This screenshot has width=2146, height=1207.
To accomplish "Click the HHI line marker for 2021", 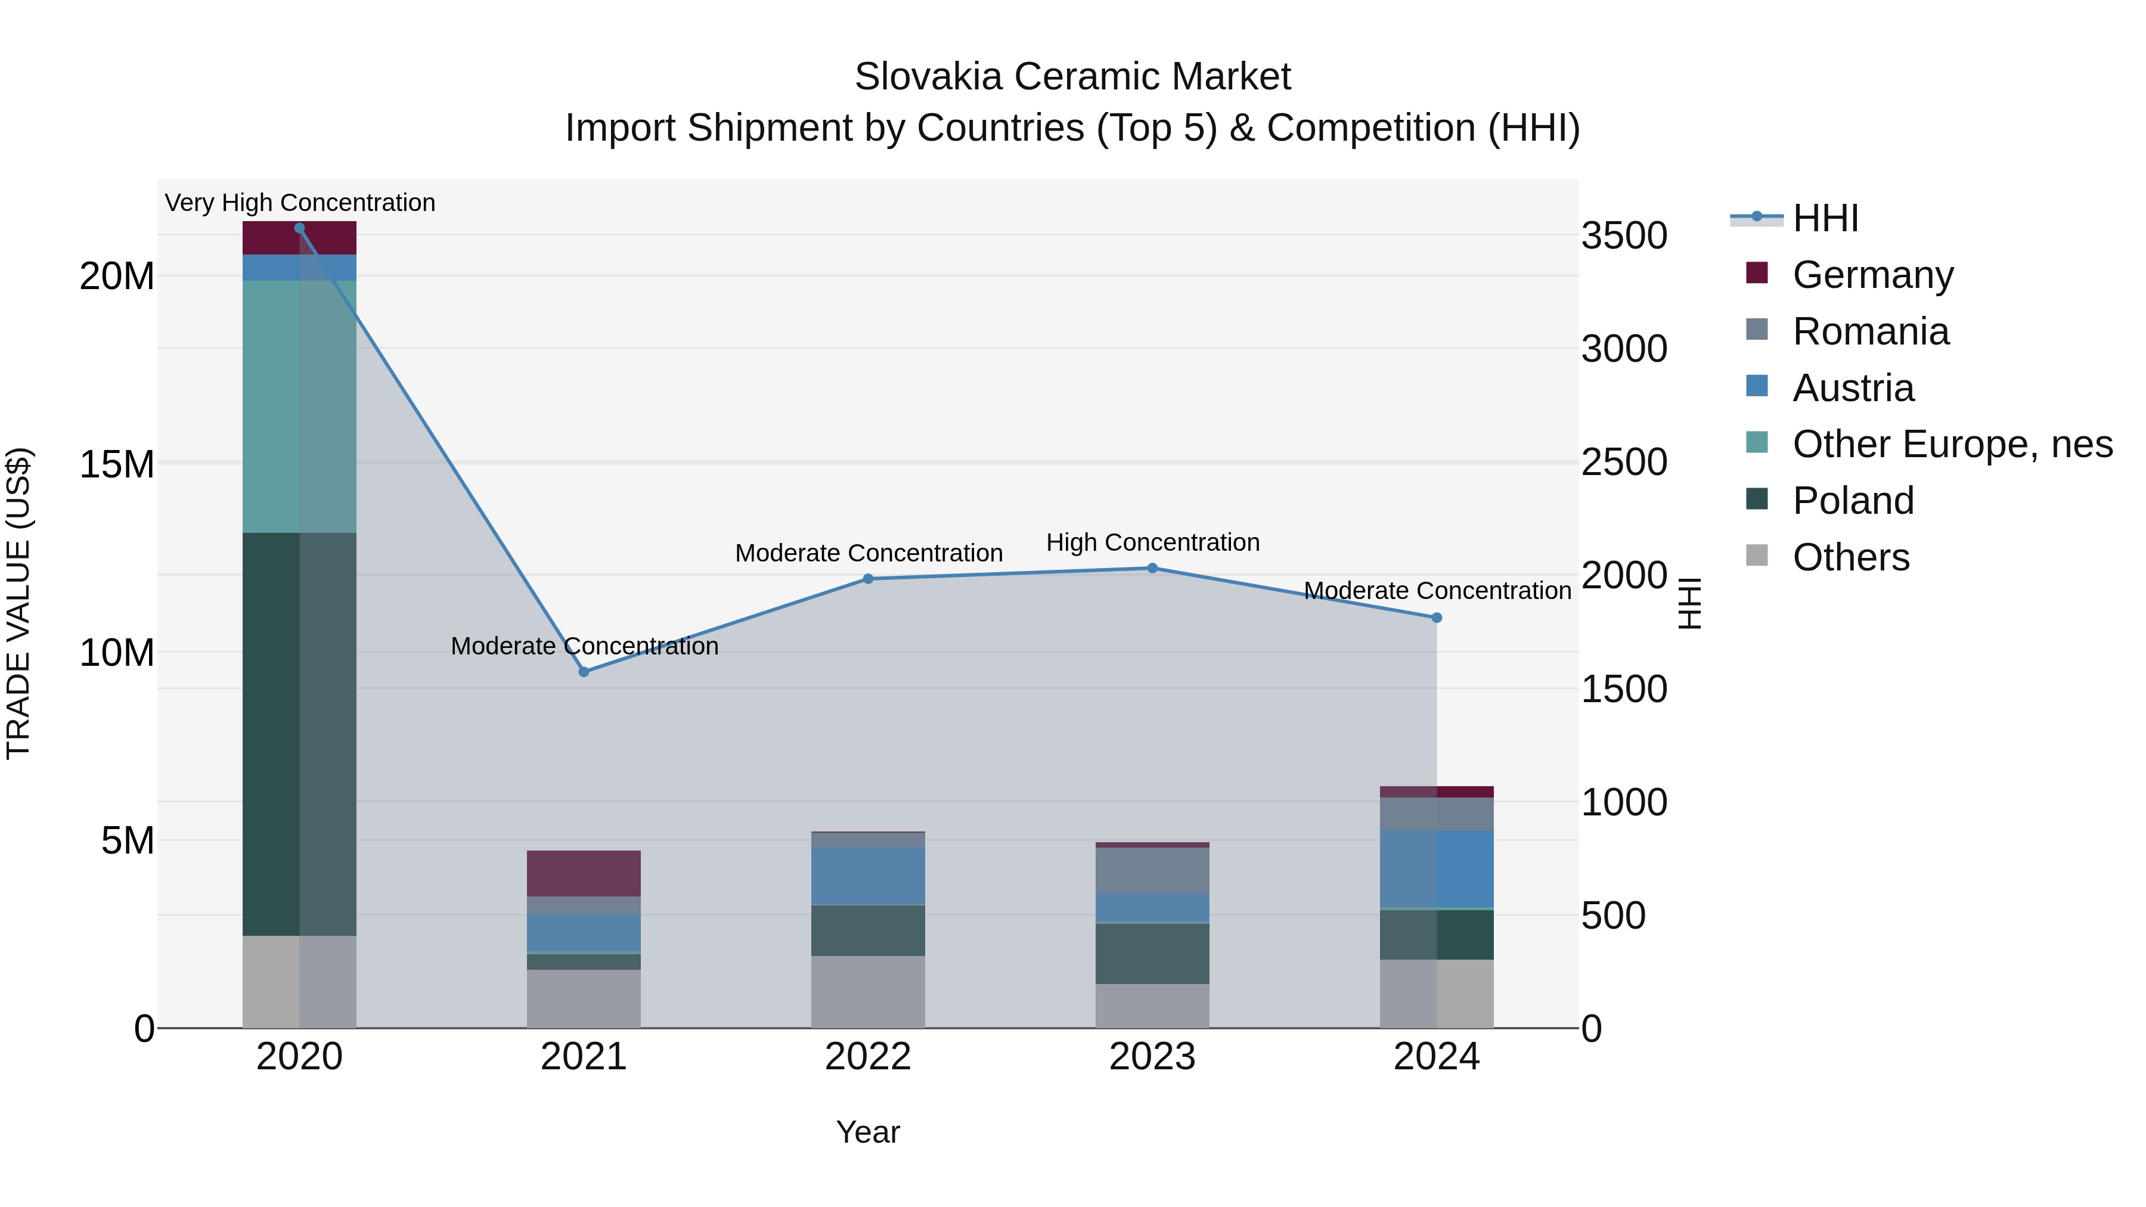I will pos(584,671).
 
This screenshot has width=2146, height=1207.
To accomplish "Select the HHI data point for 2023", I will pos(1152,568).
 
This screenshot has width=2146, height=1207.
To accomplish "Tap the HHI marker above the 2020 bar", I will pos(299,228).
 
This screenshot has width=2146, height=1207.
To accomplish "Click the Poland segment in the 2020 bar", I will pos(299,733).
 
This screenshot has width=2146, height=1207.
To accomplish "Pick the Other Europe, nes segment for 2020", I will pos(299,407).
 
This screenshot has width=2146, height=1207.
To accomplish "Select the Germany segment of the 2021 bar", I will pos(584,873).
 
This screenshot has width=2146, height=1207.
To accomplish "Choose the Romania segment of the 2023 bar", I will pos(1152,870).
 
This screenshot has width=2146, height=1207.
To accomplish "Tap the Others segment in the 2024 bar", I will pos(1436,993).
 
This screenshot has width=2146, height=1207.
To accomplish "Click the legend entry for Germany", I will pos(1872,275).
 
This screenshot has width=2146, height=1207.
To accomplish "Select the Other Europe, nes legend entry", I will pos(1952,444).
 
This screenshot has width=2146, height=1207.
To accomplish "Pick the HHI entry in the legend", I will pos(1825,218).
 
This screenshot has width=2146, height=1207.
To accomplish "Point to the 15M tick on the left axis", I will pos(117,464).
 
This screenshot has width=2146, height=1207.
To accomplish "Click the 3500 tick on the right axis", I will pos(1624,235).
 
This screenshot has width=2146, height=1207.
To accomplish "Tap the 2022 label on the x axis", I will pos(868,1057).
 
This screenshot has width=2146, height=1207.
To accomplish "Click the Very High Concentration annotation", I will pos(300,203).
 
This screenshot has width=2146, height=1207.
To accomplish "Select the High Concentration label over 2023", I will pos(1152,542).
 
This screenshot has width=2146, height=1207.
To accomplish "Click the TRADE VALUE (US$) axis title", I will pos(18,603).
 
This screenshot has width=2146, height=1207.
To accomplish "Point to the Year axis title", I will pos(868,1132).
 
